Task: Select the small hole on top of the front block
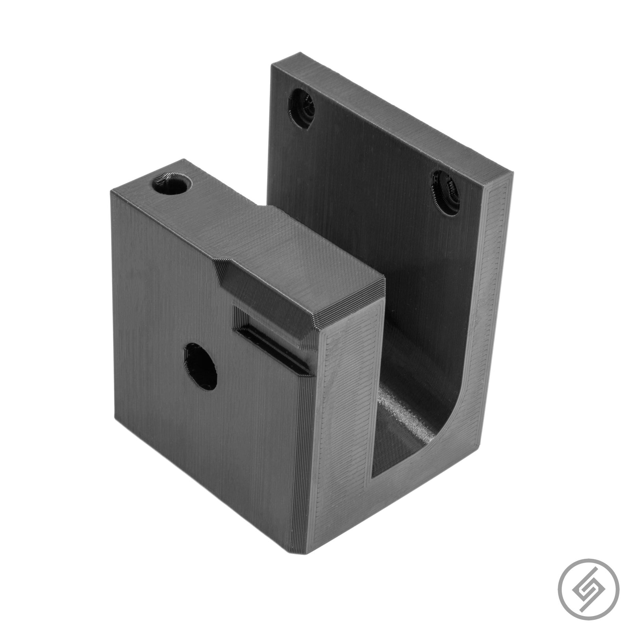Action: coord(172,184)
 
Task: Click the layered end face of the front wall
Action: coord(346,433)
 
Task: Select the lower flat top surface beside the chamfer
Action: coord(315,252)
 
